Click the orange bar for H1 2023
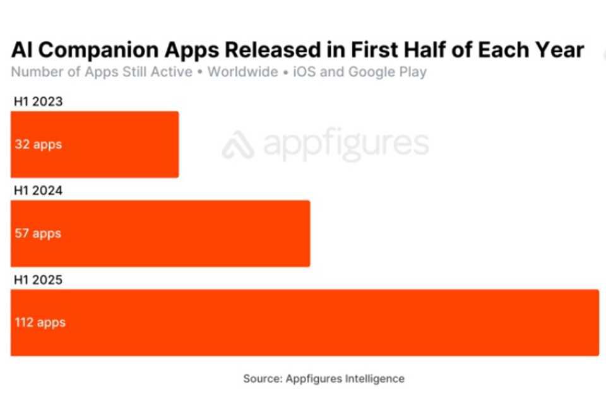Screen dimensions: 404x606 coord(95,145)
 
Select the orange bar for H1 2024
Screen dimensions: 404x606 coord(160,234)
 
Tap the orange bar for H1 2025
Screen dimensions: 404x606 coord(304,323)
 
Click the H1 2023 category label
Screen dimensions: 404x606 coord(38,101)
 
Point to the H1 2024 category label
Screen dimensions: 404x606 coord(38,190)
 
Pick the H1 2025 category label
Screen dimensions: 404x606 coord(38,279)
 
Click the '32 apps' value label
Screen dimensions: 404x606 coord(39,145)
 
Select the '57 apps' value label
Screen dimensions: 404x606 coord(38,234)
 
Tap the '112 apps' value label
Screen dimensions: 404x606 coord(40,323)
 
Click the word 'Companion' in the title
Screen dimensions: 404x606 coord(105,50)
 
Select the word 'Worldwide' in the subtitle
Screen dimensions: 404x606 coord(243,71)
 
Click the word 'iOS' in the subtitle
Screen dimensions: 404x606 coord(304,71)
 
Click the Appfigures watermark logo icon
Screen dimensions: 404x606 coord(238,145)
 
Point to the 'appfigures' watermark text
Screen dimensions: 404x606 coord(346,145)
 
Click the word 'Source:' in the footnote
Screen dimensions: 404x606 coord(263,379)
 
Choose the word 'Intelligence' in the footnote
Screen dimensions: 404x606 coord(375,379)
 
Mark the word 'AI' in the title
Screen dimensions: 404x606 coord(22,50)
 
